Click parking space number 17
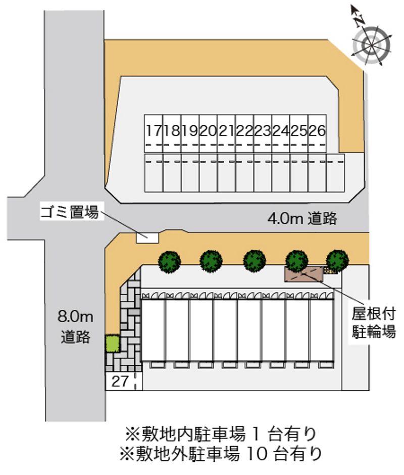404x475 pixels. coord(154,133)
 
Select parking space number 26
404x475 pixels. coord(317,133)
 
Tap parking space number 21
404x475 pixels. coord(227,133)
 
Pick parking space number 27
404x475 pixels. coord(120,381)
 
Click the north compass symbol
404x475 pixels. coord(371,43)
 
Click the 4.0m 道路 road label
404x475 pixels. coord(302,218)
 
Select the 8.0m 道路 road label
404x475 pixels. coord(75,326)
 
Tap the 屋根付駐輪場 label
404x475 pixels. coord(374,322)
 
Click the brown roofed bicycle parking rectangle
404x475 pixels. coord(304,274)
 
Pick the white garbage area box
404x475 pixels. coord(147,237)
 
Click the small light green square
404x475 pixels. coord(112,344)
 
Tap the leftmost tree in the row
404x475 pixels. coord(170,261)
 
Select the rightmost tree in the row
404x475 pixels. coord(337,261)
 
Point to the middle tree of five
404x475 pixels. coord(255,261)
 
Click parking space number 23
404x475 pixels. coord(263,133)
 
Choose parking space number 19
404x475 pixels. coord(190,133)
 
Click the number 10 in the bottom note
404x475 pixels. coord(257,454)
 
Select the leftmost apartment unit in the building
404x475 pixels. coord(154,330)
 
